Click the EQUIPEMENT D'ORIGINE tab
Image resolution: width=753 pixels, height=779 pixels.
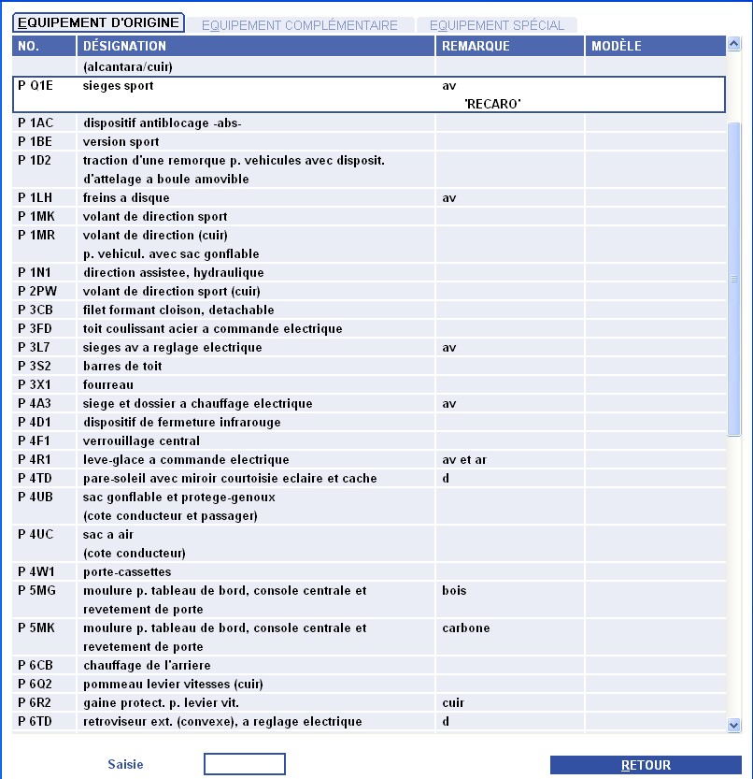click(98, 23)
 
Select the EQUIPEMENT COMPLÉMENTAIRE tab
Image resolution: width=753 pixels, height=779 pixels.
click(299, 25)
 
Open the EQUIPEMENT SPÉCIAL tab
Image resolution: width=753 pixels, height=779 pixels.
click(496, 25)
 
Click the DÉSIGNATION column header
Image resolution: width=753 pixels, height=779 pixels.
click(124, 46)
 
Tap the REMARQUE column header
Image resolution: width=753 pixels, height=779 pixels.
click(476, 46)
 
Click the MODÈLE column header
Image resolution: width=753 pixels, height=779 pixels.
click(617, 46)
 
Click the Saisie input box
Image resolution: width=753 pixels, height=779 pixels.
click(244, 764)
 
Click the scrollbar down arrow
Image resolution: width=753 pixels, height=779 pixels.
click(733, 725)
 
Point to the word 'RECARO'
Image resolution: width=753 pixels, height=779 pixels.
click(492, 104)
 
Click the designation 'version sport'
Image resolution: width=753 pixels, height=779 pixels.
click(121, 142)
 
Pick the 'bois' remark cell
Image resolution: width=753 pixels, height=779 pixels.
click(454, 591)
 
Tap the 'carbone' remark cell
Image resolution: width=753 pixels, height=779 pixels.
click(465, 628)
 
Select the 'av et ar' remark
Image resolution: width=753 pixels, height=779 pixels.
click(464, 460)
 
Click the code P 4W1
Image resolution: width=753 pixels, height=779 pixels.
click(36, 572)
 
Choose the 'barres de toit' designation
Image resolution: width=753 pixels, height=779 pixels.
click(122, 367)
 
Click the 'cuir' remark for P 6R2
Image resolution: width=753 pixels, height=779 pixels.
click(453, 703)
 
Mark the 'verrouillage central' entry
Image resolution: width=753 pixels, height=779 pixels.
click(141, 441)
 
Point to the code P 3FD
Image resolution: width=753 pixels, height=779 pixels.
click(35, 329)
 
